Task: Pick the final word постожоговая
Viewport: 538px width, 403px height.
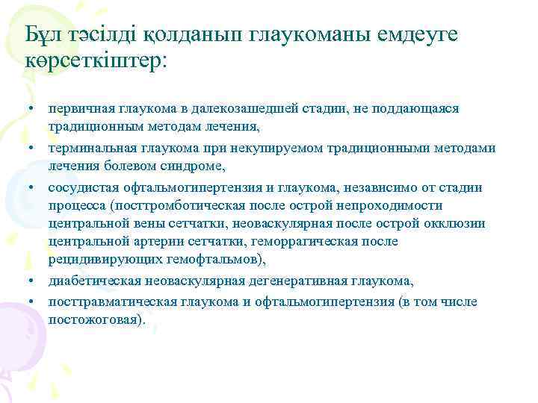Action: point(95,319)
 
